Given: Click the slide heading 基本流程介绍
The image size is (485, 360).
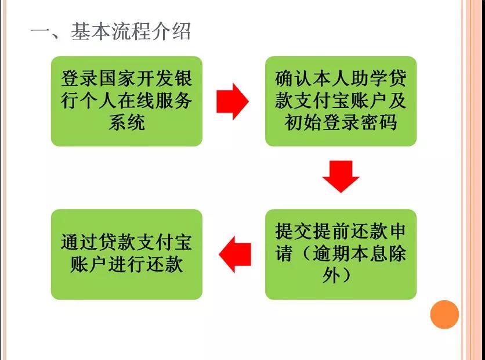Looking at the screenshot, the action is (131, 31).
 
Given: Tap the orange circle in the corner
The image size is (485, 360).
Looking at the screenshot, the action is (444, 314).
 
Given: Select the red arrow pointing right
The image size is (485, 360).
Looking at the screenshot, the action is (232, 101).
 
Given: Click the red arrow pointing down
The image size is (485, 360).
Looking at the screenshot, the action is (341, 177).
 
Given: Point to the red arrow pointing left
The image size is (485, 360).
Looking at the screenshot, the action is (235, 254).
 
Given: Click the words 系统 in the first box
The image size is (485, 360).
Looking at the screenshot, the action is (126, 123).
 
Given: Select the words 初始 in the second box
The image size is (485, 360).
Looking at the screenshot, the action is (303, 123).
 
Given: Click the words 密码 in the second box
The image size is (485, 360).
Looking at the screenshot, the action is (379, 123).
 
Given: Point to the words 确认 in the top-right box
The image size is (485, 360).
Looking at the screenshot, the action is (293, 78).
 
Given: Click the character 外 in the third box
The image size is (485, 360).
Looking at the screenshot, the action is (331, 275).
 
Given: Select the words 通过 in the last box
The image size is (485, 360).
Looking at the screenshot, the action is (79, 242).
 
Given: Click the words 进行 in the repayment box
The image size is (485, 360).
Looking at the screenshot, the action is (126, 264).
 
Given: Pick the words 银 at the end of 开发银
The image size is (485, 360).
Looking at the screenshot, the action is (183, 78).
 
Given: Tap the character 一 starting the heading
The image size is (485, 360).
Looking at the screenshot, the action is (40, 32).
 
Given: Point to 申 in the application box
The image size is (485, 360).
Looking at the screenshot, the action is (397, 231).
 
